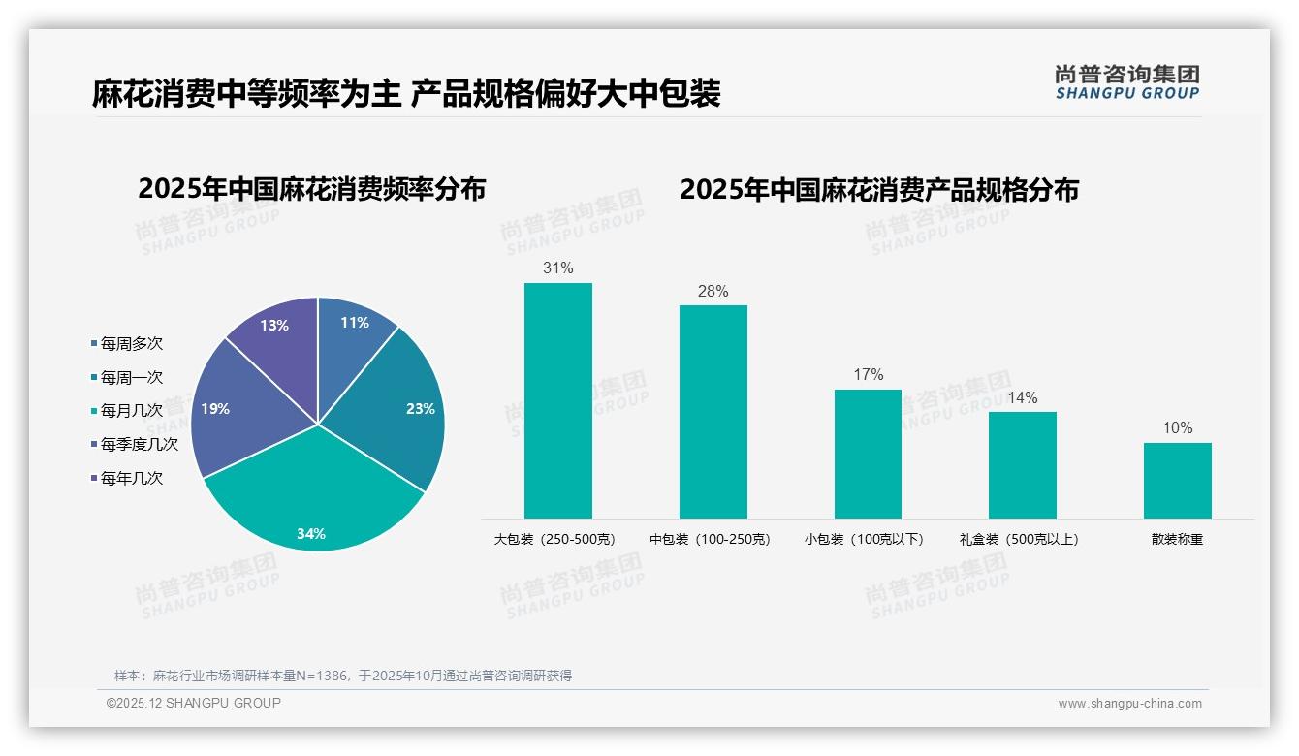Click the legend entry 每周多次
(x=131, y=343)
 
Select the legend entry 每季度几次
(x=139, y=444)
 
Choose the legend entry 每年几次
(x=131, y=478)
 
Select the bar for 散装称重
(x=1177, y=481)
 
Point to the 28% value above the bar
(x=713, y=291)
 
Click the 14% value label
(x=1022, y=397)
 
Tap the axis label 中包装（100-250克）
(x=710, y=539)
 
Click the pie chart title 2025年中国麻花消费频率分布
(x=311, y=189)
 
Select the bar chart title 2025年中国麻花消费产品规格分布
(x=878, y=190)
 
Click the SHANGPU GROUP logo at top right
(x=1126, y=82)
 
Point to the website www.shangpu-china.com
(x=1129, y=704)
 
